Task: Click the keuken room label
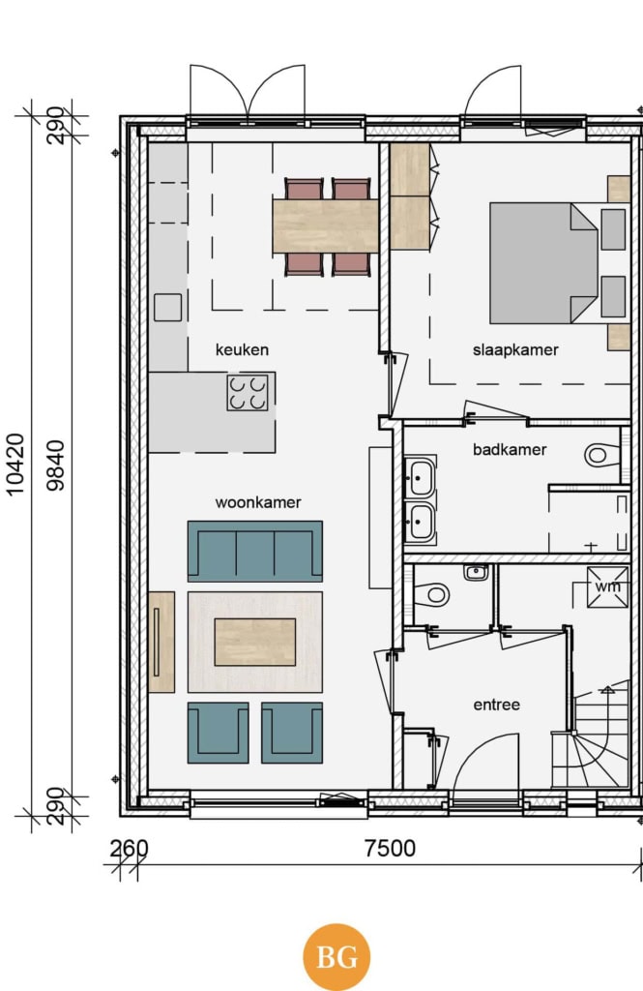242,349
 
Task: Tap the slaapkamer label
515,349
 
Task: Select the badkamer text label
510,449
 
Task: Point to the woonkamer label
258,502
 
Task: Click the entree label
496,705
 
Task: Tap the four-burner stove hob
248,393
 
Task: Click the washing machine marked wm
607,587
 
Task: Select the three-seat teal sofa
255,551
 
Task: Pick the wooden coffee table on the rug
255,643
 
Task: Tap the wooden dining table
326,226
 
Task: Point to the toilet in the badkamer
602,455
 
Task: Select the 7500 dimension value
391,848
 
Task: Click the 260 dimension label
129,849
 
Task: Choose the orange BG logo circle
336,957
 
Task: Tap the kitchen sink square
168,308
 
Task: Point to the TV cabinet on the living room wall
161,642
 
